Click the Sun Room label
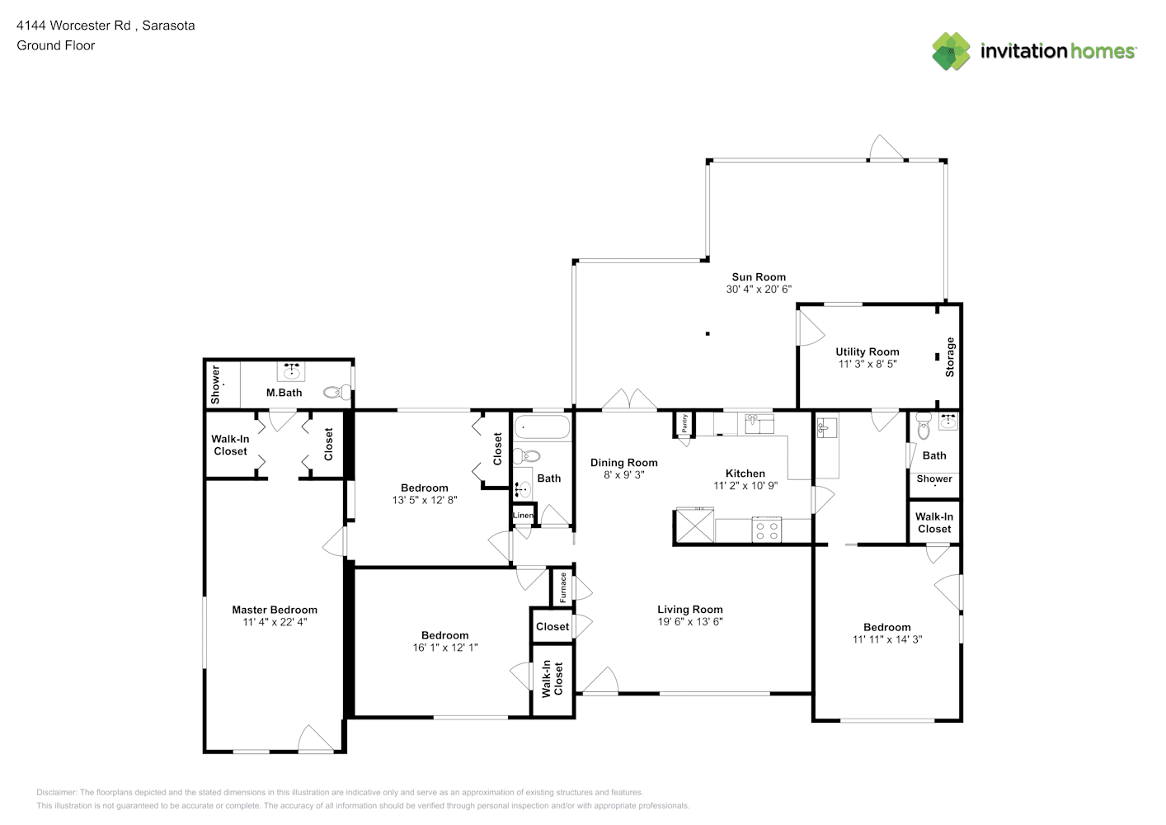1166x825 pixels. tap(759, 277)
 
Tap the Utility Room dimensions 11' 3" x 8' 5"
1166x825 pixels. tap(867, 364)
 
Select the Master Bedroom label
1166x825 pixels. tap(275, 610)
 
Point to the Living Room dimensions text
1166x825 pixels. tap(689, 621)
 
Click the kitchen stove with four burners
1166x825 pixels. tap(767, 530)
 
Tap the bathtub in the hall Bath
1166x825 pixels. tap(542, 427)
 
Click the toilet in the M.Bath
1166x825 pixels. tap(337, 392)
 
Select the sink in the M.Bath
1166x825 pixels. tap(291, 370)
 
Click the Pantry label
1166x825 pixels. tap(684, 423)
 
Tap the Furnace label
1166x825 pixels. tap(562, 587)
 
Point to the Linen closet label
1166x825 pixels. tap(523, 515)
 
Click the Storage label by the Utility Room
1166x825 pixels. tap(950, 356)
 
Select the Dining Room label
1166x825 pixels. tap(623, 463)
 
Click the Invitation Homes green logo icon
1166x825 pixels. tap(951, 51)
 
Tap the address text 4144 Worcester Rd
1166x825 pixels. tap(73, 26)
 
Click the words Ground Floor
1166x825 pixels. tap(56, 45)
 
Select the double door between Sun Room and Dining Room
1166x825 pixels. tap(629, 399)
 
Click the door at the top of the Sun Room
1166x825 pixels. tap(886, 148)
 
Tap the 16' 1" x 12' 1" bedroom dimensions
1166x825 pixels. tap(445, 648)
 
